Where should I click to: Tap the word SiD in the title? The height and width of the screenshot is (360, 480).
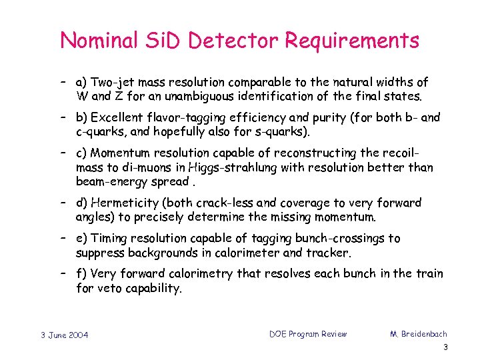pyautogui.click(x=163, y=41)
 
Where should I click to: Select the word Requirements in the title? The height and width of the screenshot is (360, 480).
pyautogui.click(x=352, y=41)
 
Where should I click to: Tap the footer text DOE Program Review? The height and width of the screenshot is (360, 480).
pyautogui.click(x=308, y=333)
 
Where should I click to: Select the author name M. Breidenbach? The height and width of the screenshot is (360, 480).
pyautogui.click(x=417, y=333)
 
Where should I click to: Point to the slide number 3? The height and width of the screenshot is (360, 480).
pyautogui.click(x=445, y=347)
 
